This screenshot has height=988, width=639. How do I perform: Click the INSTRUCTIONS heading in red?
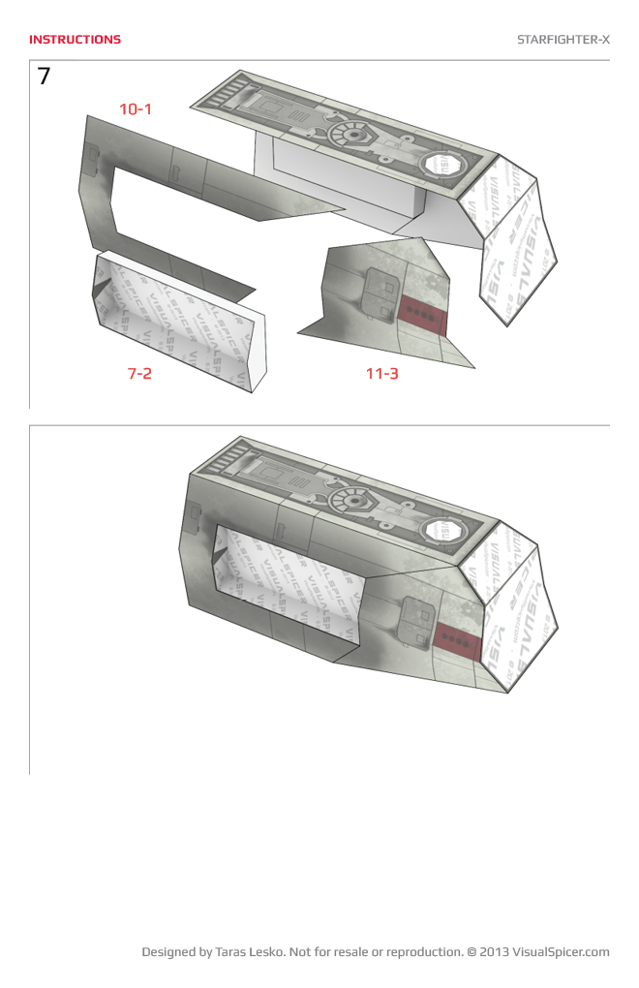(75, 40)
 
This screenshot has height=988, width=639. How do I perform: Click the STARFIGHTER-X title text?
(563, 40)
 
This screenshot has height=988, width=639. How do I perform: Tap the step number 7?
(45, 77)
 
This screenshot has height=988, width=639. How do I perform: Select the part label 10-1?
(136, 109)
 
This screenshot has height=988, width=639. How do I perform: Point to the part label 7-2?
(139, 373)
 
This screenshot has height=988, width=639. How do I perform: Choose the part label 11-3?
(381, 373)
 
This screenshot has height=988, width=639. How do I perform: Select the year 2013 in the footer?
(494, 952)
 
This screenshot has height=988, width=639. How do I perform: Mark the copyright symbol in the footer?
(472, 952)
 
